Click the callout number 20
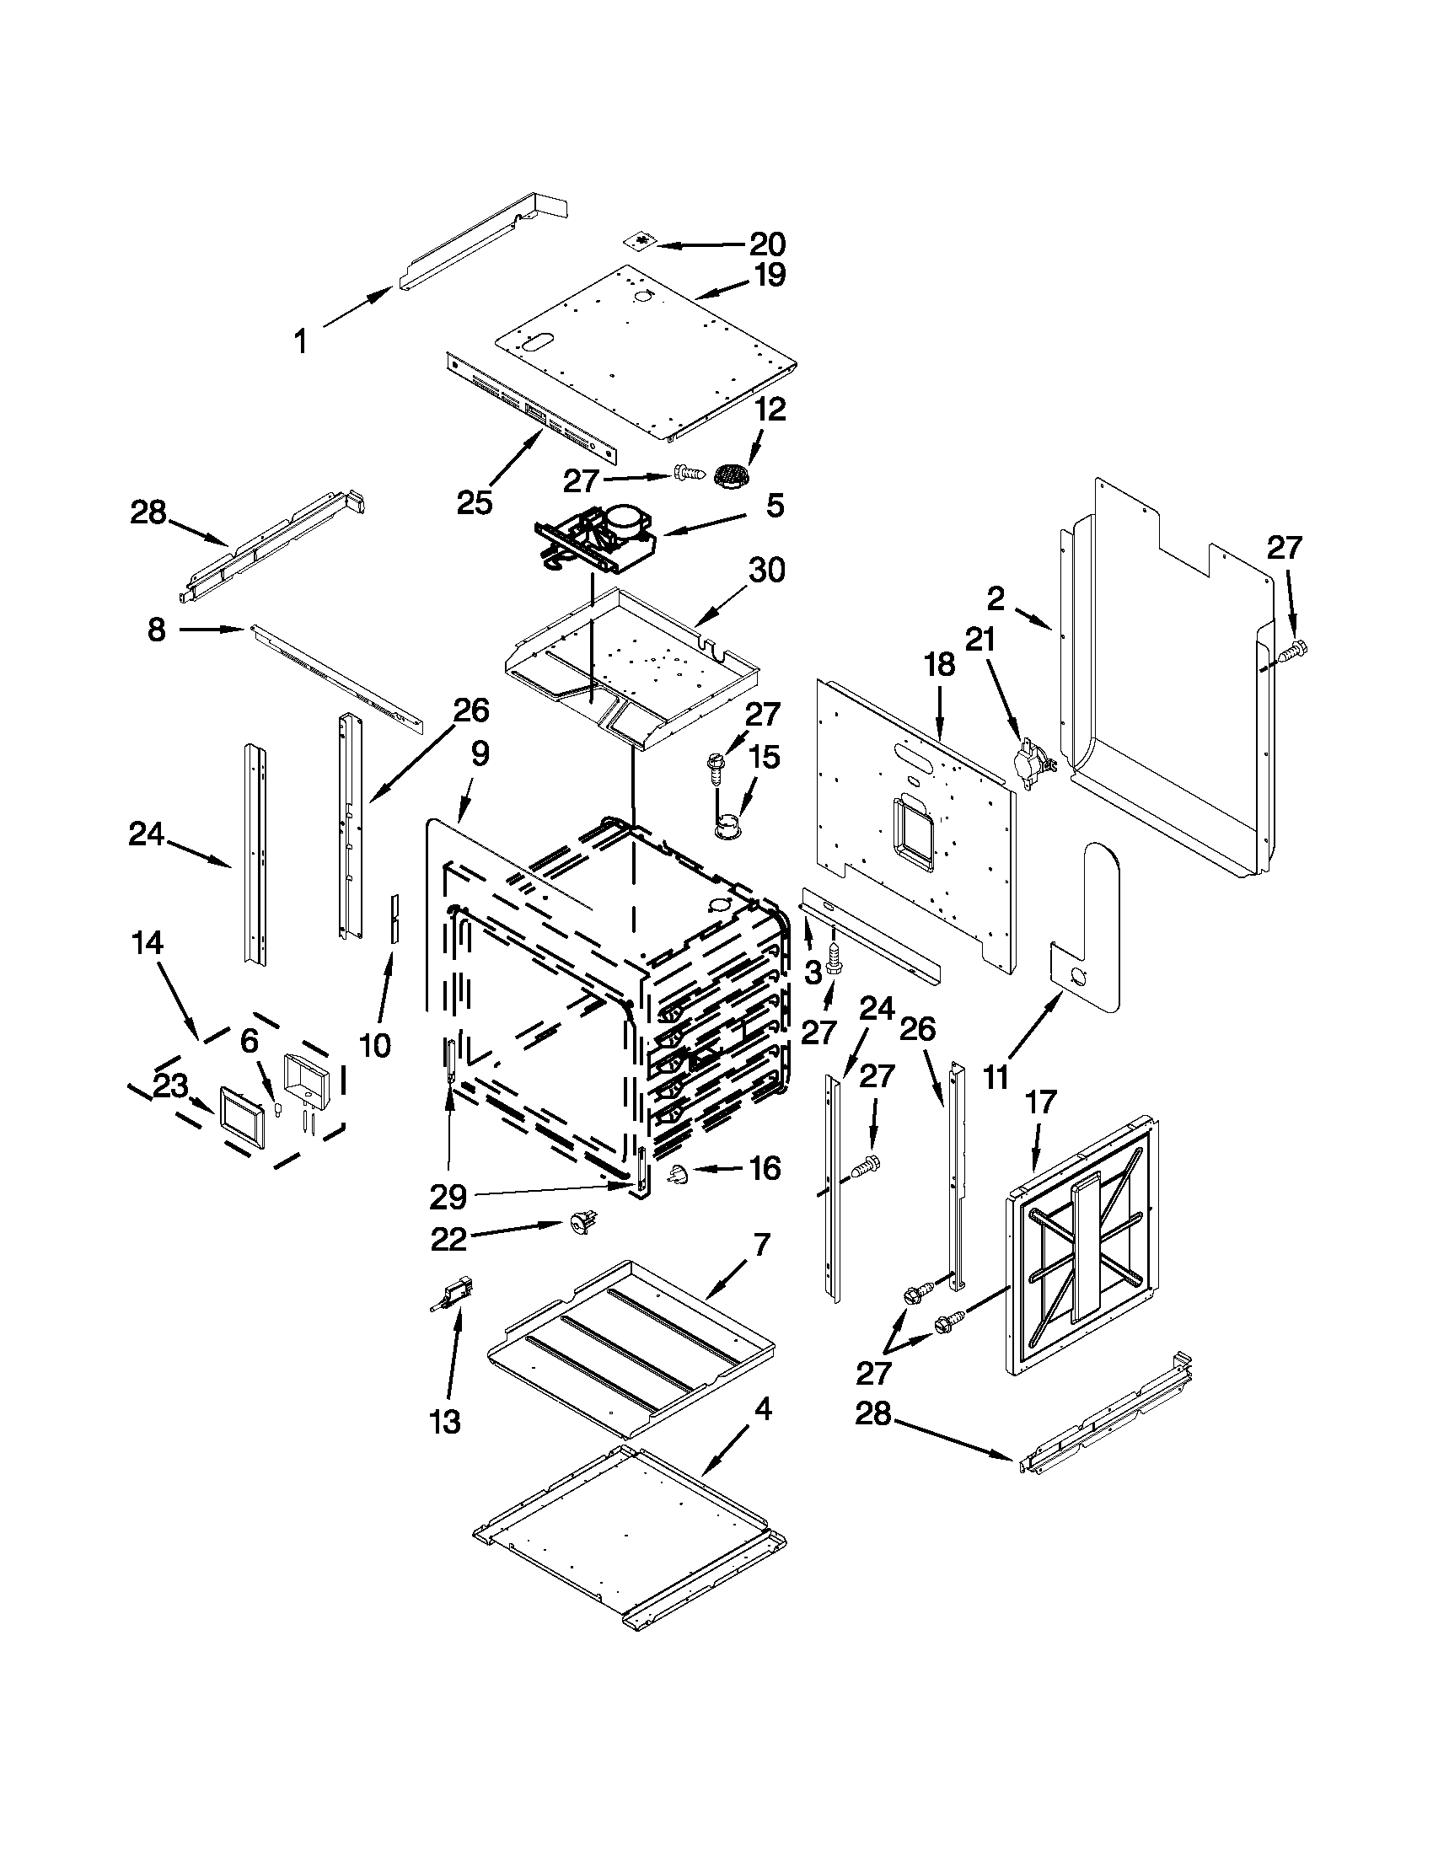tap(767, 244)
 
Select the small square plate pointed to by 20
tap(643, 243)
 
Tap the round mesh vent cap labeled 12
tap(731, 475)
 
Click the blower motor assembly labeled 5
tap(598, 537)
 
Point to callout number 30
tap(765, 570)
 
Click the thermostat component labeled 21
tap(1031, 757)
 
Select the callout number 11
tap(996, 1077)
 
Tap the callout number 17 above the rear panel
tap(1040, 1103)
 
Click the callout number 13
tap(445, 1421)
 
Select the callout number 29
tap(448, 1197)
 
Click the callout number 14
tap(148, 943)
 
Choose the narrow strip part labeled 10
tap(394, 918)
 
